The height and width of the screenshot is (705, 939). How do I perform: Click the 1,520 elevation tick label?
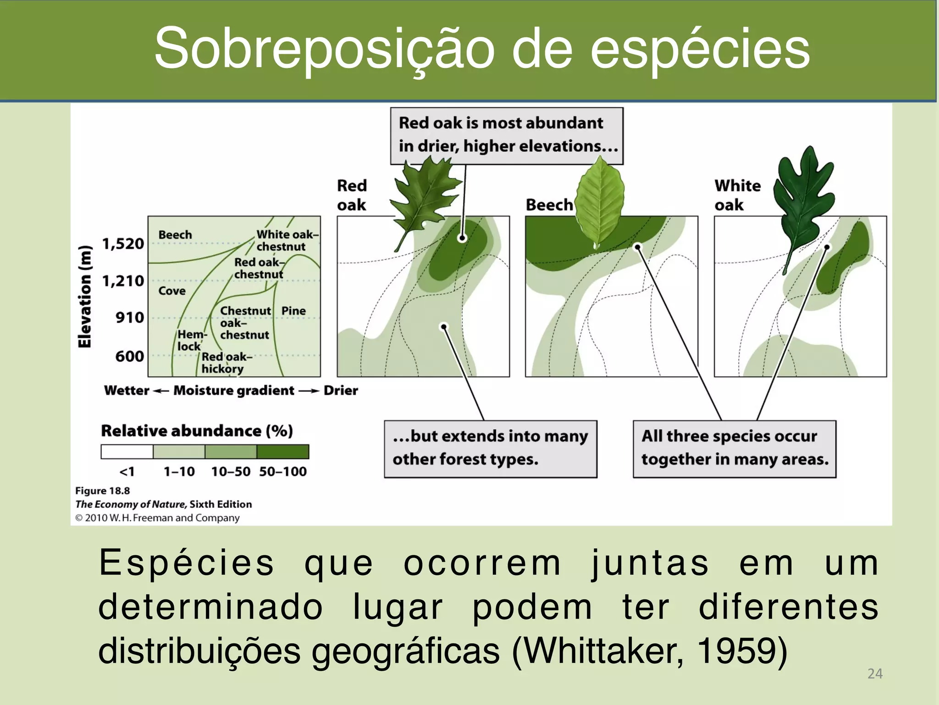(x=123, y=244)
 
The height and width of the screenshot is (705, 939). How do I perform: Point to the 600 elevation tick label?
(x=130, y=356)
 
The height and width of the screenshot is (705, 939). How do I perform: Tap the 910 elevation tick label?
(x=130, y=318)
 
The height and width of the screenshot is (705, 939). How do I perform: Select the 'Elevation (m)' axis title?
(x=85, y=297)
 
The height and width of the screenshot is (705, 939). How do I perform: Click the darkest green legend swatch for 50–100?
(x=283, y=452)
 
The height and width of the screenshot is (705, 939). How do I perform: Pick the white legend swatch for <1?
(x=127, y=452)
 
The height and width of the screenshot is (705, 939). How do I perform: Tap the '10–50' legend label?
(x=231, y=472)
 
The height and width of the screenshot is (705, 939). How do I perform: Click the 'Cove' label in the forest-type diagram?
(x=172, y=291)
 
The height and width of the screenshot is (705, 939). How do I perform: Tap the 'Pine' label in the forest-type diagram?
(x=293, y=311)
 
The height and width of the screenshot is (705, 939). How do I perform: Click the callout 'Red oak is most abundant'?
(x=507, y=135)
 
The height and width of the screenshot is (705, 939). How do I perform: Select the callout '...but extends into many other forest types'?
(x=490, y=448)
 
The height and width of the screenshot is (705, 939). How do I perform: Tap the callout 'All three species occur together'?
(x=735, y=448)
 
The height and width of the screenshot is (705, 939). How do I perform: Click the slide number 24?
(x=875, y=674)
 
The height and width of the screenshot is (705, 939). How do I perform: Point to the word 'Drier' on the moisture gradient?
(x=341, y=391)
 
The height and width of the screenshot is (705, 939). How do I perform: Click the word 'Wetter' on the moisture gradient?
(x=127, y=391)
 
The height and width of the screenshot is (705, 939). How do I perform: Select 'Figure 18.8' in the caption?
(x=103, y=491)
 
